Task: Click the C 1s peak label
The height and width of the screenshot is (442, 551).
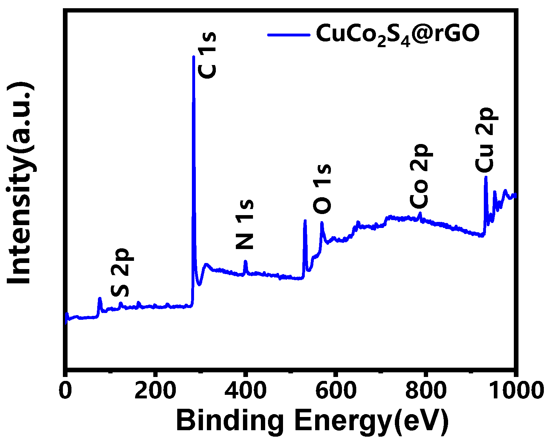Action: click(207, 55)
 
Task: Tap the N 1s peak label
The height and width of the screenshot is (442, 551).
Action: click(245, 224)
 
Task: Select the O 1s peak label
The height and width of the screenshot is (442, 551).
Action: click(322, 189)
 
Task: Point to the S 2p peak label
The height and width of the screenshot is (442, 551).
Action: click(120, 272)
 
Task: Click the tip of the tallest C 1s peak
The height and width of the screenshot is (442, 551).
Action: click(194, 57)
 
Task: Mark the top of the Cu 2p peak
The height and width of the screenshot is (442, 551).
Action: click(486, 177)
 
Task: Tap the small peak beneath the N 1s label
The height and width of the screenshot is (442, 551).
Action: click(245, 261)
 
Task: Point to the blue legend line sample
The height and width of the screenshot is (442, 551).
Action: click(289, 35)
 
